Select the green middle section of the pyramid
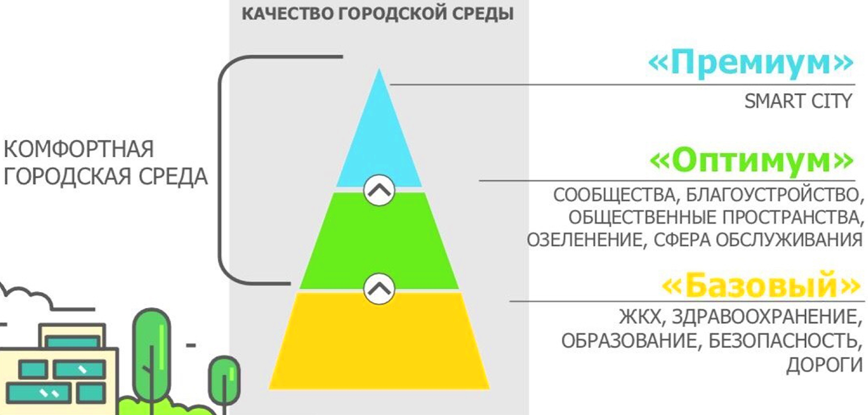click(379, 243)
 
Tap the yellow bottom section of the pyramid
click(379, 344)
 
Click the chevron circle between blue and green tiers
click(379, 190)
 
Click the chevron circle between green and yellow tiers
click(379, 289)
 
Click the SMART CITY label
click(798, 101)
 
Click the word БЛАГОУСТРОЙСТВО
click(772, 195)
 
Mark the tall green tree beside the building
click(151, 354)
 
